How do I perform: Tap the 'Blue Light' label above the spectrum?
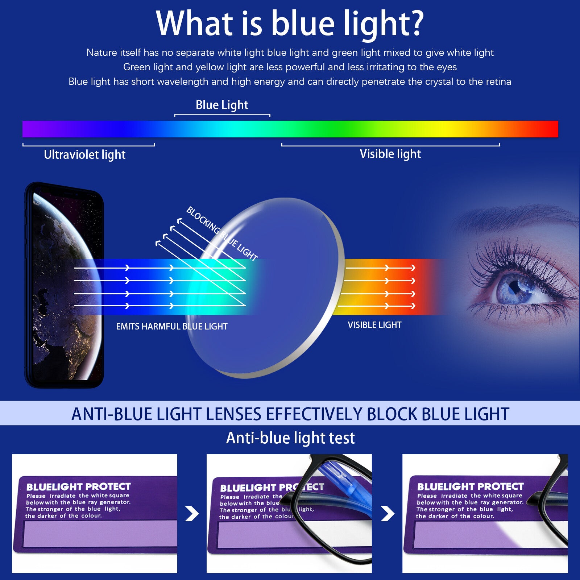click(222, 105)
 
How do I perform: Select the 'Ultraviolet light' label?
click(84, 155)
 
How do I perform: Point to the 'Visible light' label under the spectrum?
click(390, 154)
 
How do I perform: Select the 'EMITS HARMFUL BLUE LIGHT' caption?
click(171, 327)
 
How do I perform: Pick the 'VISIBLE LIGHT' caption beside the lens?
click(374, 325)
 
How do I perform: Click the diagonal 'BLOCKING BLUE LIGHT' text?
click(222, 234)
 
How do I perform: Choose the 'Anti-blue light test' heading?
click(290, 438)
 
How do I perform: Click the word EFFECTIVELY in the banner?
click(314, 414)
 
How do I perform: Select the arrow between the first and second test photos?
click(192, 513)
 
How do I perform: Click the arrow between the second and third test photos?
click(388, 513)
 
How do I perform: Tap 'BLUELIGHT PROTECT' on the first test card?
click(78, 486)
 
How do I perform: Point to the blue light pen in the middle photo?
click(335, 478)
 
